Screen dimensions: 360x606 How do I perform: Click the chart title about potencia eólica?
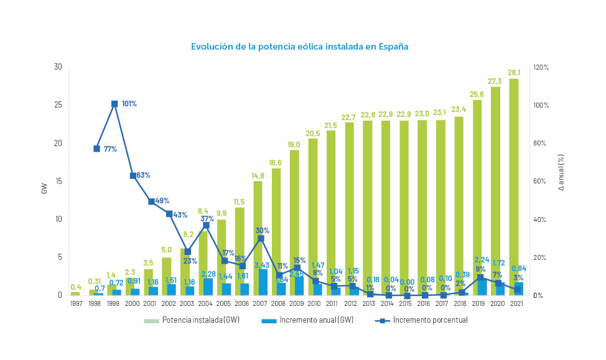299,47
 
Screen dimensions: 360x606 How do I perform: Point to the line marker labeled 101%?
114,104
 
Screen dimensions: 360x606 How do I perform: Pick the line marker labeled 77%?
96,149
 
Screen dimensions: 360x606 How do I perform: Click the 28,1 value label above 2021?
515,72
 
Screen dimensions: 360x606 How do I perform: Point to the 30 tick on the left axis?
58,67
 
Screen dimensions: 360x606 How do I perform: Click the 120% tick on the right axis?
541,67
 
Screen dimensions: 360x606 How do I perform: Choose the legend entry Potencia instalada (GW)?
192,320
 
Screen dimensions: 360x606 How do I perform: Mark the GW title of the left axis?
44,188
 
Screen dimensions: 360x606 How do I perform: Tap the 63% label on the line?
143,175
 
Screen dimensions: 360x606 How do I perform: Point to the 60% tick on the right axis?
541,181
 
